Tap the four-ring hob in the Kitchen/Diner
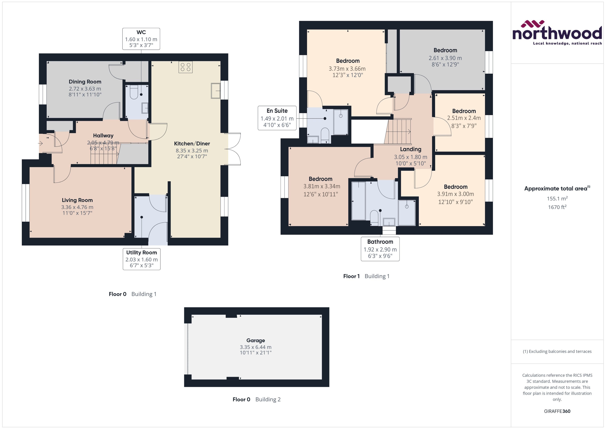click(185, 67)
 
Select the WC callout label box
click(141, 39)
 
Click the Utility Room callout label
click(141, 259)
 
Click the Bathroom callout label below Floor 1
click(380, 249)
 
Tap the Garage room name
click(255, 340)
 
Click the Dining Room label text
click(85, 82)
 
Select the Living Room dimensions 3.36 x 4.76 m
click(77, 207)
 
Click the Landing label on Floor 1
click(410, 149)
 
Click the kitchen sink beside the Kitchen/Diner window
click(215, 91)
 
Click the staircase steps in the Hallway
click(104, 157)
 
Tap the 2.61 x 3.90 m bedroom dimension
click(445, 58)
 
